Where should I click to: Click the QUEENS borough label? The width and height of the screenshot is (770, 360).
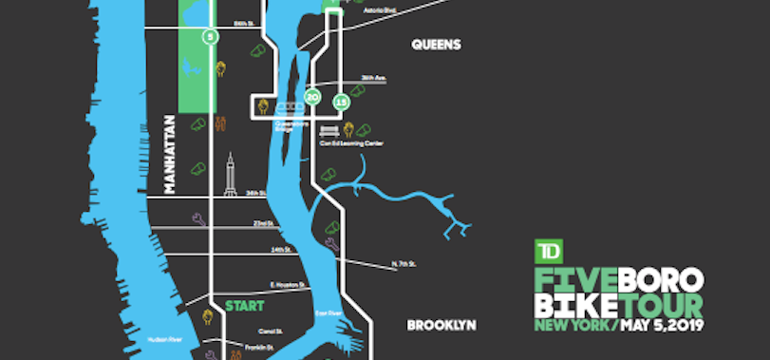coord(436,45)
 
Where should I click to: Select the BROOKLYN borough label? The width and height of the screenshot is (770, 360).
coord(441,325)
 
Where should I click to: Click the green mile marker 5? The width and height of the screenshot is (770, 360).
coord(209,36)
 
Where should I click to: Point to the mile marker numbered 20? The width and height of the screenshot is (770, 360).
coord(311,97)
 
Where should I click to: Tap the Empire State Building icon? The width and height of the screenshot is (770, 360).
coord(229,177)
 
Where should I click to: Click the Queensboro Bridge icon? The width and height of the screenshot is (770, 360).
coord(286,107)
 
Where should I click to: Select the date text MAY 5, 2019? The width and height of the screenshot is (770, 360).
coord(663,327)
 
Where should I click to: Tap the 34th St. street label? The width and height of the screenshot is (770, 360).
coord(254,193)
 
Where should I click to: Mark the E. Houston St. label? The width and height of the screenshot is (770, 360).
coord(285,284)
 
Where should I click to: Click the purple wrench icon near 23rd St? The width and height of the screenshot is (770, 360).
coord(197,219)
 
